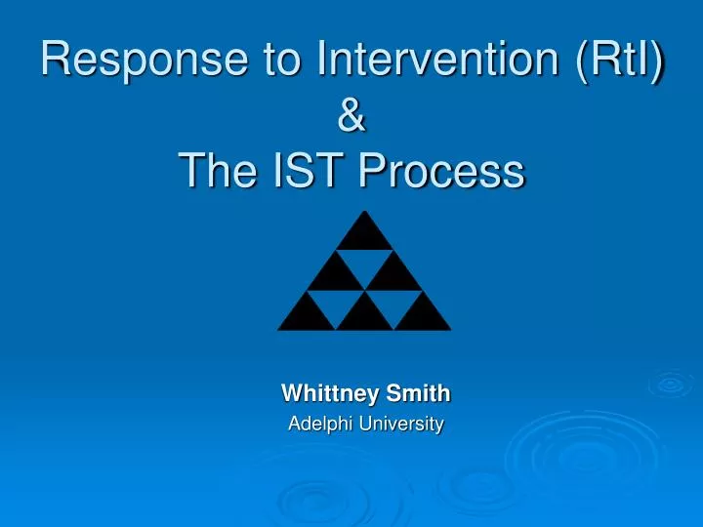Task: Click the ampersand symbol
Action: [x=351, y=115]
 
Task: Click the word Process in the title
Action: [x=442, y=170]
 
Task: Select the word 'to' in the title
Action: [x=281, y=60]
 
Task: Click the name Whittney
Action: [x=330, y=394]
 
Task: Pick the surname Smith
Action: [x=418, y=393]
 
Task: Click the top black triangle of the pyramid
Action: [x=364, y=235]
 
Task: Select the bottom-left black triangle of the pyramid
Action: [x=307, y=315]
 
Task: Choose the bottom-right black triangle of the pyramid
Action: [x=423, y=315]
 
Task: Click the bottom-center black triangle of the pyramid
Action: [x=364, y=315]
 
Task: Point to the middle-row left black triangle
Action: [x=335, y=274]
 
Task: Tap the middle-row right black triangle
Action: [x=393, y=274]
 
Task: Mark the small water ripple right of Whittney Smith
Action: [x=671, y=384]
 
